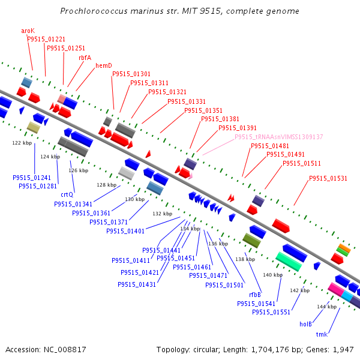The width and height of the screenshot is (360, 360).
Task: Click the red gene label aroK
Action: click(x=28, y=31)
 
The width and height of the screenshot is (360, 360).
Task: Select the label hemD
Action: click(x=104, y=65)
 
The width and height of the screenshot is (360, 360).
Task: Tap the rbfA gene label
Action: click(x=85, y=58)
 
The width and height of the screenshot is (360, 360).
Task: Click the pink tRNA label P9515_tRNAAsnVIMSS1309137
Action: click(x=279, y=137)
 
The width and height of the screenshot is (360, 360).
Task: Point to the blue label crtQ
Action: click(x=67, y=194)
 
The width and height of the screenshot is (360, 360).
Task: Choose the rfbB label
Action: click(x=255, y=295)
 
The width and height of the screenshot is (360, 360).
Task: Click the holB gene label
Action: click(x=305, y=324)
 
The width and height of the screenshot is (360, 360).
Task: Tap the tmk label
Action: click(x=322, y=334)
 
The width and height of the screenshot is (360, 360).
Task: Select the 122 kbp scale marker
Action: click(x=22, y=143)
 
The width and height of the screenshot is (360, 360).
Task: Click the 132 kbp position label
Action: click(x=163, y=214)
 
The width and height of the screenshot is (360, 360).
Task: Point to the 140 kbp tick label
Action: click(x=273, y=275)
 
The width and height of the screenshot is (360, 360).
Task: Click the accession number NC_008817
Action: click(x=65, y=350)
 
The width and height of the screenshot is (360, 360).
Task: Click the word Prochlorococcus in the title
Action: click(x=94, y=11)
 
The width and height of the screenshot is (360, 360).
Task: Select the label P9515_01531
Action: click(x=328, y=178)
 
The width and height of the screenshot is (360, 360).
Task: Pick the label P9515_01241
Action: click(x=32, y=178)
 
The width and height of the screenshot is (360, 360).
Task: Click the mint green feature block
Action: click(x=289, y=262)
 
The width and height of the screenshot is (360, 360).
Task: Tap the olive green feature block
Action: click(x=251, y=241)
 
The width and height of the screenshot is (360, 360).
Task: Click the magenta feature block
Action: click(x=335, y=289)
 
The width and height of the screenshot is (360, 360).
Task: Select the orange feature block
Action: click(x=344, y=248)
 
